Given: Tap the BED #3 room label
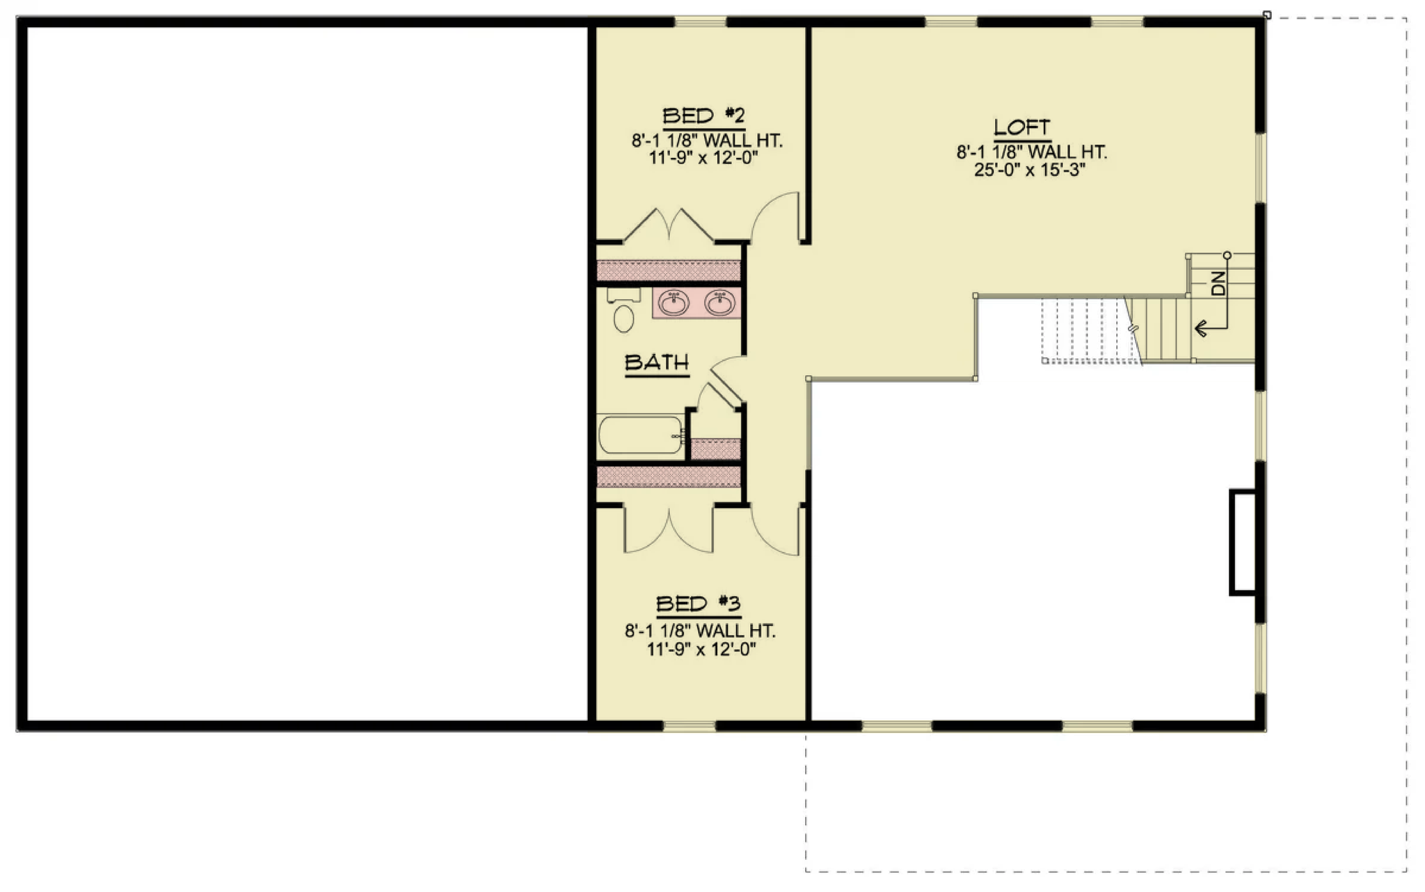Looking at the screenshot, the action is point(699,603).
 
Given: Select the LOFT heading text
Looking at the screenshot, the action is point(1021,127).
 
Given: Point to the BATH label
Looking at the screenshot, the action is point(657,363).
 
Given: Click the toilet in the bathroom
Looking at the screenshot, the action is point(623,310).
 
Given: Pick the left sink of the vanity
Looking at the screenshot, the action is point(674,303).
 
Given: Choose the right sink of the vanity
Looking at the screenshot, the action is point(719,303).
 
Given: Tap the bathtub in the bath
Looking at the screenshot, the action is point(641,435).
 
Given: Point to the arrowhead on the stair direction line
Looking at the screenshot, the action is point(1200,328).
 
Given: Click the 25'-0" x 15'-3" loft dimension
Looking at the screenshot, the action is point(1030,170).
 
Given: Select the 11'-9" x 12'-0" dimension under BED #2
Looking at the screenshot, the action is point(703,158).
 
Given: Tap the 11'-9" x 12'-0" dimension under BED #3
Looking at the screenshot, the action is point(701,650).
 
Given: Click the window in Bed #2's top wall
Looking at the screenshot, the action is point(701,22).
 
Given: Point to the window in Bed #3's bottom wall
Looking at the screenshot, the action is point(689,726).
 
